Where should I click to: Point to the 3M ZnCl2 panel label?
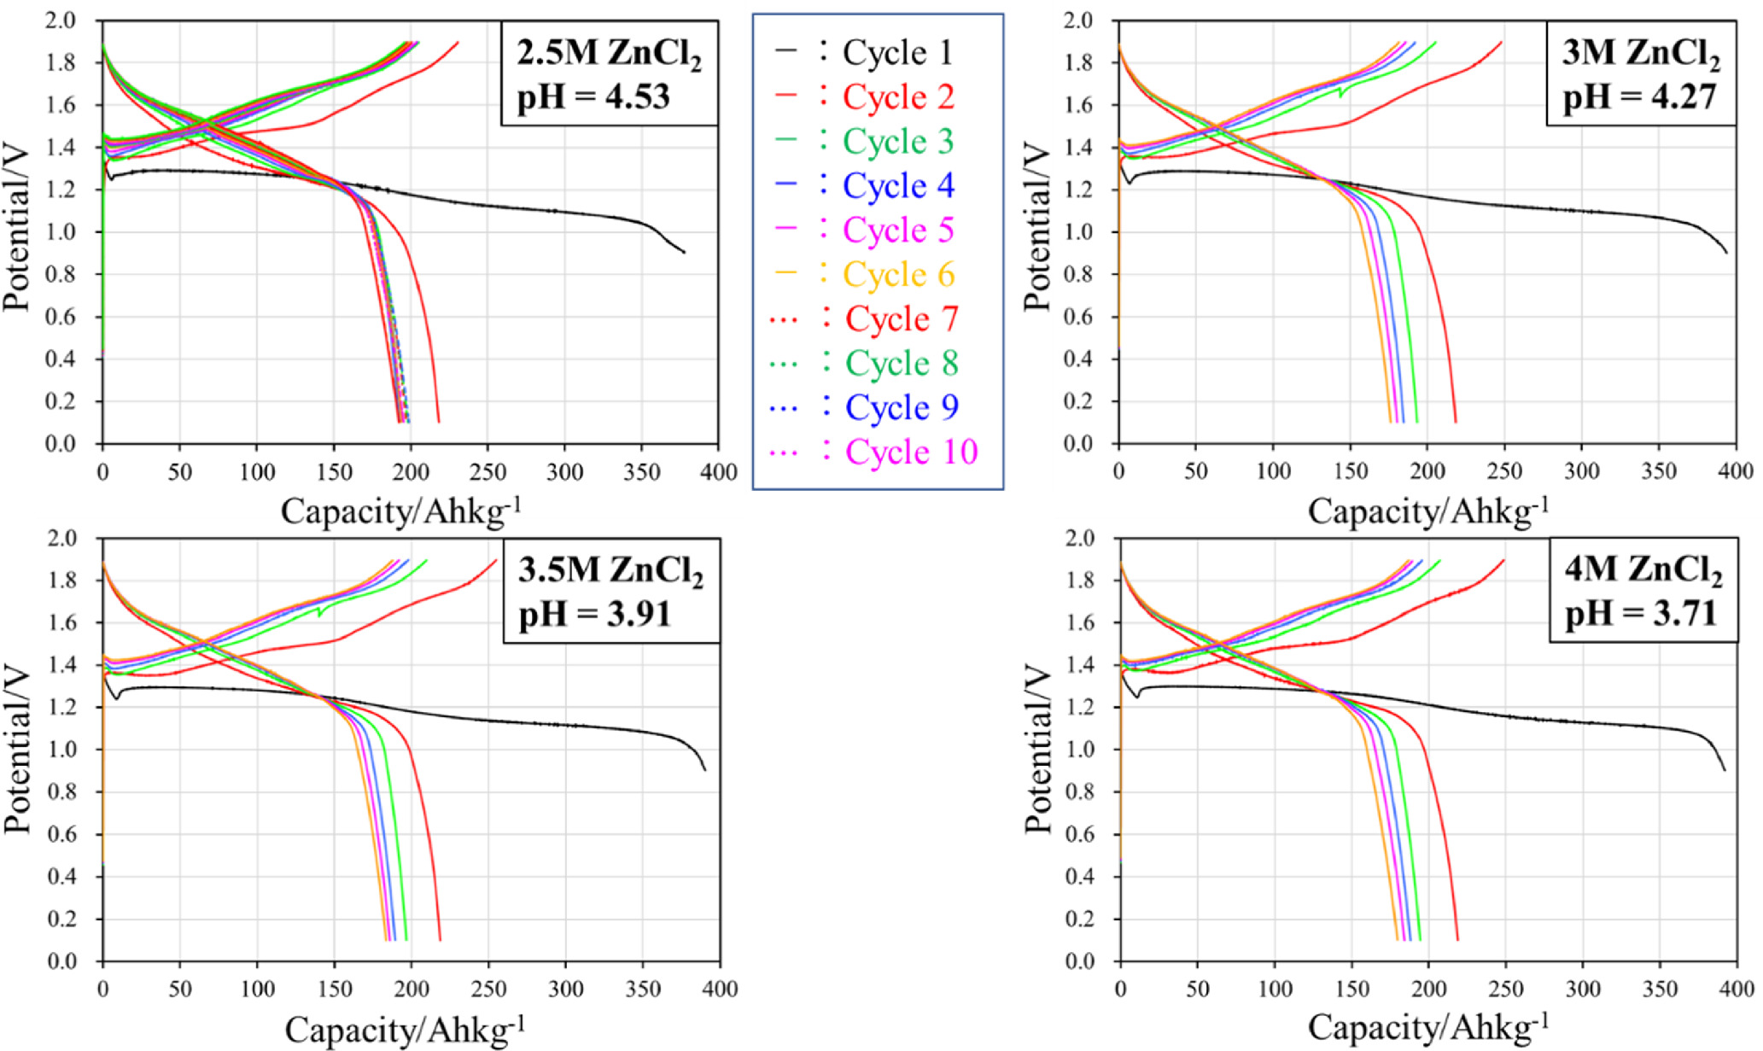[x=1640, y=55]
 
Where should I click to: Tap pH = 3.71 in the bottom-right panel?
[x=1640, y=614]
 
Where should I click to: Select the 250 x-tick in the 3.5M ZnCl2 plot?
[x=487, y=990]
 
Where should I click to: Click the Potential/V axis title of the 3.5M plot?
[x=18, y=750]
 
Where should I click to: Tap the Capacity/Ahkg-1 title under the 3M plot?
[x=1427, y=511]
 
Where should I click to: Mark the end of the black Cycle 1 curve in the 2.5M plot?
[x=684, y=252]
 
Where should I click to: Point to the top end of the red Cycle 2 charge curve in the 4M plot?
[x=1503, y=561]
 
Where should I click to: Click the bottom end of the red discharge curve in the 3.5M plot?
[x=440, y=940]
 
